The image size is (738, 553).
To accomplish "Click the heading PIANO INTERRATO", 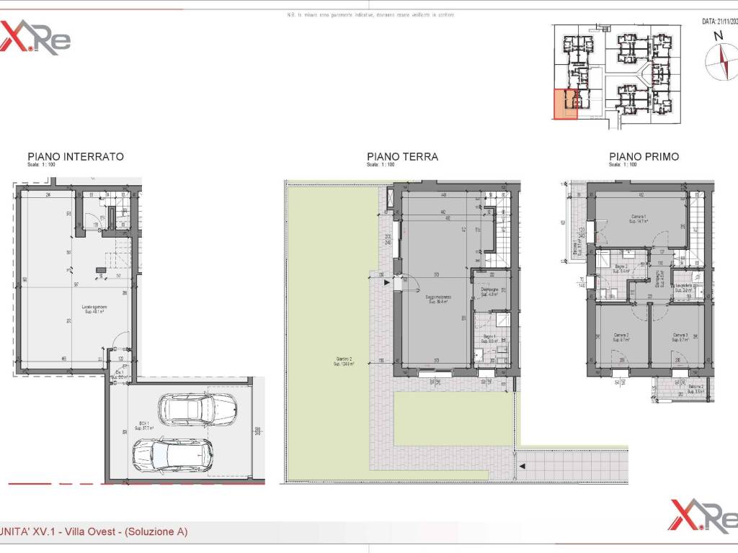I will (75, 156).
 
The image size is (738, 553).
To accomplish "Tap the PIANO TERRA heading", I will (402, 156).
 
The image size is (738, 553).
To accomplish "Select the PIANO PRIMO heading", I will (644, 156).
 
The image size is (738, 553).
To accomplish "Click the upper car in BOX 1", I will (195, 410).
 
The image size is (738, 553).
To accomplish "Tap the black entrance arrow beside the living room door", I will (388, 283).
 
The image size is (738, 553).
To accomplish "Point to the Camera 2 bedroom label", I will (621, 337).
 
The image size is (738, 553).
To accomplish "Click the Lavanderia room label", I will (683, 287).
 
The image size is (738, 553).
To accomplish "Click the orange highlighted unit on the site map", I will (564, 104).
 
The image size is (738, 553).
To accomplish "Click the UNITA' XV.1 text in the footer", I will (28, 532).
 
